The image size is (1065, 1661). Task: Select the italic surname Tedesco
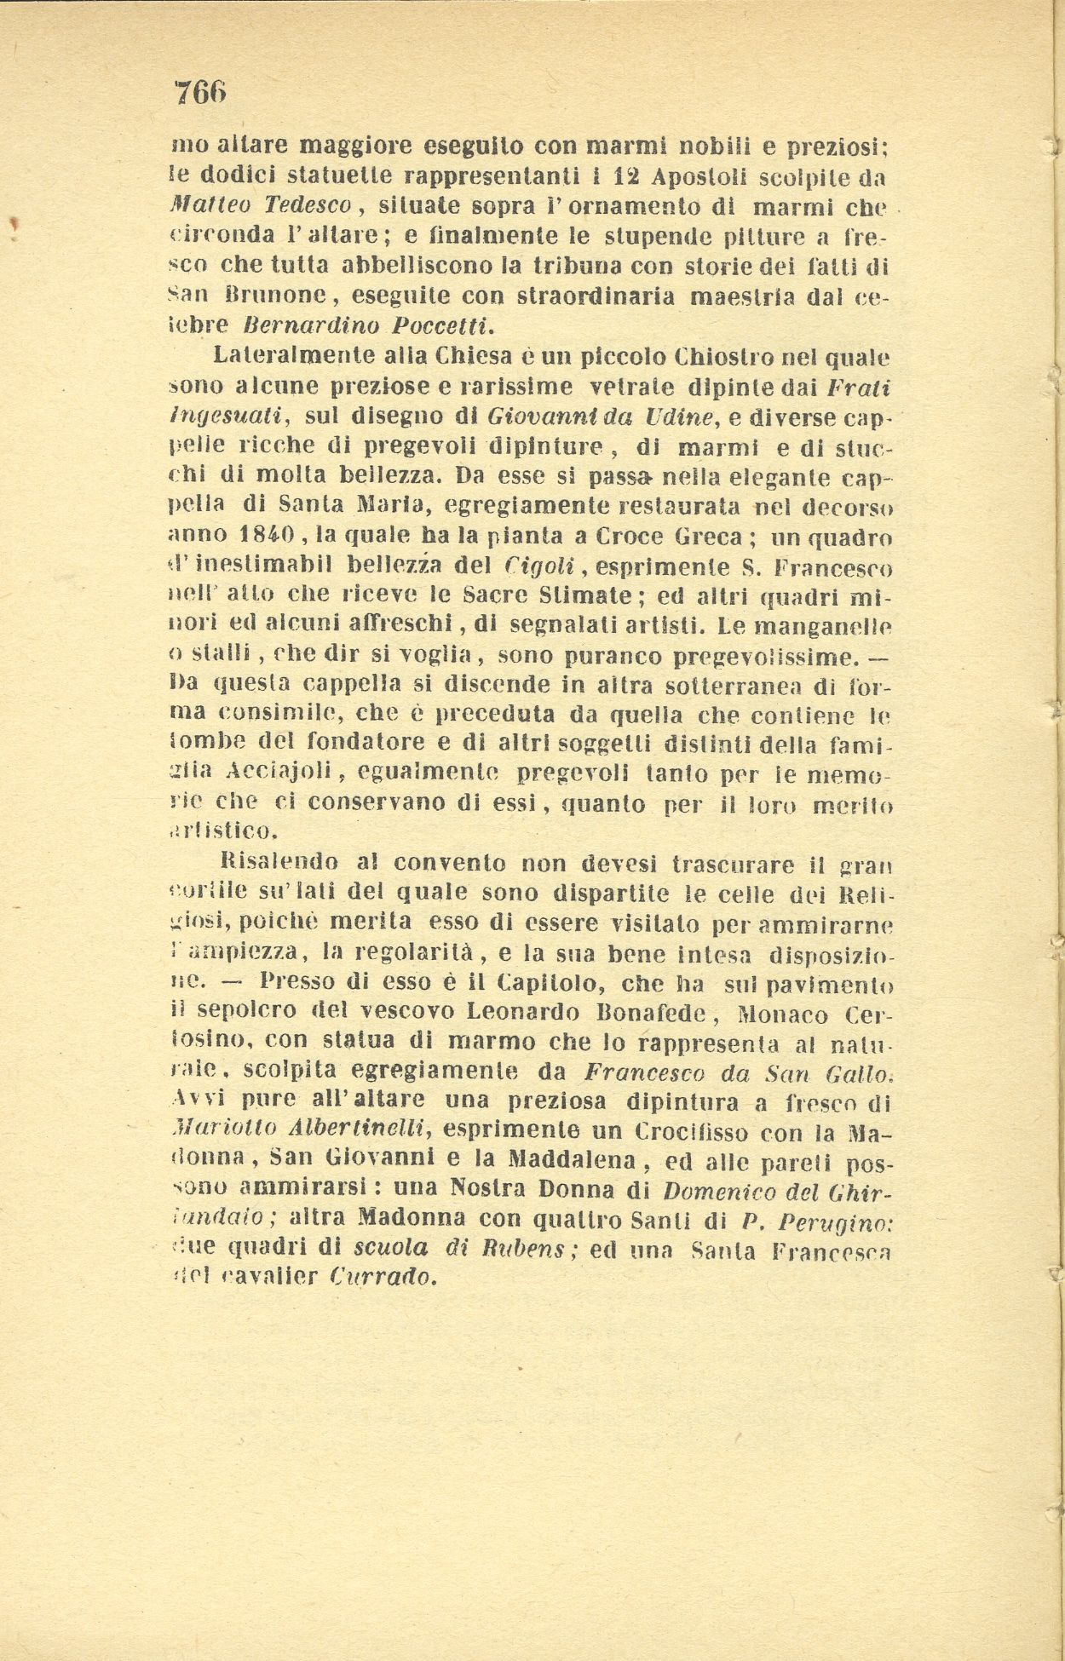click(309, 207)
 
